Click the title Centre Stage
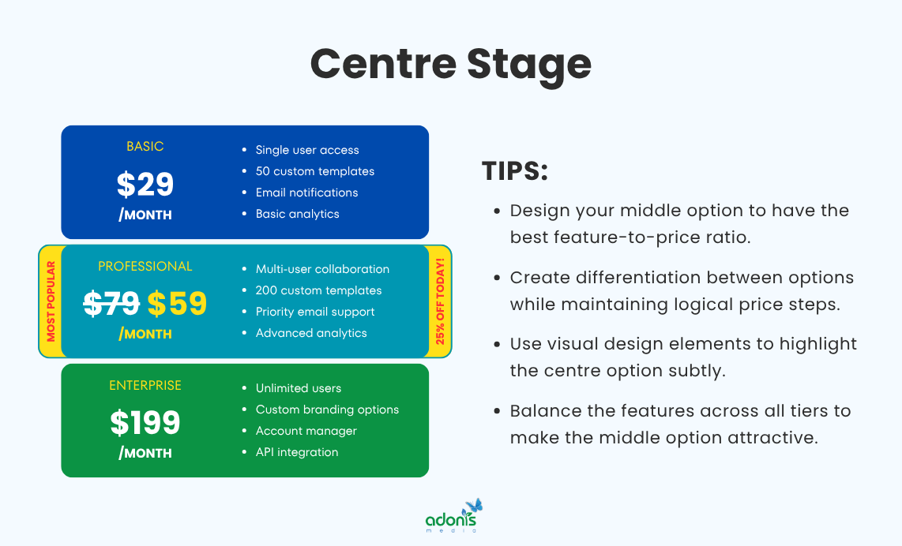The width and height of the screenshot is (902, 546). tap(450, 63)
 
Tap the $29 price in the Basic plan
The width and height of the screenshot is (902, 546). tap(145, 184)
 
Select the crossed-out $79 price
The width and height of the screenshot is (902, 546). tap(111, 304)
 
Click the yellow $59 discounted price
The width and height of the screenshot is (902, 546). tap(177, 304)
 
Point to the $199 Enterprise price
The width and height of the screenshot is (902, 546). tap(145, 423)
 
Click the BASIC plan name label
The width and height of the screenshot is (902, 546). tap(145, 147)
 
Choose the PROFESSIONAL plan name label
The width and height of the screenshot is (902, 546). tap(145, 267)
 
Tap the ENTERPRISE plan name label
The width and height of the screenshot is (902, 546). tap(145, 386)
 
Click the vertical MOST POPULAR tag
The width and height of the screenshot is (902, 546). tap(51, 301)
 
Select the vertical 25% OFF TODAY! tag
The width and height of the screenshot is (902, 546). tap(439, 301)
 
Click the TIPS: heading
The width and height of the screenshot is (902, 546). tap(514, 172)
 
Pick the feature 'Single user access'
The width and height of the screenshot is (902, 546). tap(307, 150)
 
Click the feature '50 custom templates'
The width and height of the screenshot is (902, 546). tap(315, 171)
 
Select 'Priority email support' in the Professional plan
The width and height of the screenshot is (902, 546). tap(315, 312)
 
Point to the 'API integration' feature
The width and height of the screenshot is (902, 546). tap(297, 452)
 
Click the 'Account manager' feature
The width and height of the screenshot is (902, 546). tap(306, 431)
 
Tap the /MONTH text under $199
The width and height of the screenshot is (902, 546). tap(145, 453)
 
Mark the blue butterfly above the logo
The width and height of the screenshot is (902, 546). tap(474, 506)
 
